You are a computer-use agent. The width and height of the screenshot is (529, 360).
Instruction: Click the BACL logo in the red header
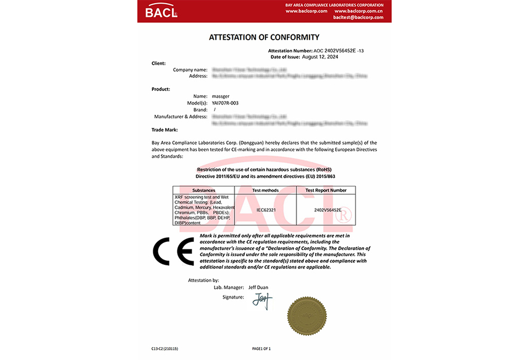coord(161,11)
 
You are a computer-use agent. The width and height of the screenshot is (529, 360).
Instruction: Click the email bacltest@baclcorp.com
coord(358,17)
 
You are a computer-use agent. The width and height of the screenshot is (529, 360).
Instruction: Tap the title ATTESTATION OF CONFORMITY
coord(264,38)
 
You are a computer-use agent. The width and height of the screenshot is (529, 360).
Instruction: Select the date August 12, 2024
coord(320,56)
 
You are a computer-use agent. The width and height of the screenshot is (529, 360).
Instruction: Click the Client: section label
coord(159,63)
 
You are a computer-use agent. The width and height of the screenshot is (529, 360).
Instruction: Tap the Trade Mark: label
coord(165,129)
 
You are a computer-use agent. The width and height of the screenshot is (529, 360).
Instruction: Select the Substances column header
coord(204,190)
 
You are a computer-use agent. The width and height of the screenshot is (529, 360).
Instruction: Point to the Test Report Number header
coord(326,190)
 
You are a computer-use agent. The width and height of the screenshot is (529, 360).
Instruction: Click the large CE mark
coord(173,251)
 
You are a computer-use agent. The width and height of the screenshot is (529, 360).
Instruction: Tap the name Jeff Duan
coord(258,287)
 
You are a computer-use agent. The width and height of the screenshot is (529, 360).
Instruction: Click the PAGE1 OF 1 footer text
coord(261,348)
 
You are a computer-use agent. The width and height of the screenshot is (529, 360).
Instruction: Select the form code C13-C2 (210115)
coord(165,348)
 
